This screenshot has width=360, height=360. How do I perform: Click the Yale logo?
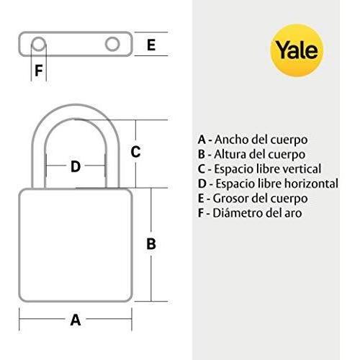tap(297, 50)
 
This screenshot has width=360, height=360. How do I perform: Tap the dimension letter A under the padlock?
tap(76, 320)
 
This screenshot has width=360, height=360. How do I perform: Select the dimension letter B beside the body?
tap(151, 244)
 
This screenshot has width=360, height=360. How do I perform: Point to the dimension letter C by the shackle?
tap(135, 152)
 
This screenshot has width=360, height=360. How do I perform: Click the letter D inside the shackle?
tap(76, 166)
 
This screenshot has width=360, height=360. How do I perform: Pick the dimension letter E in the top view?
tap(151, 45)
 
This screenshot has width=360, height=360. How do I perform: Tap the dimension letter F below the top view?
tap(39, 71)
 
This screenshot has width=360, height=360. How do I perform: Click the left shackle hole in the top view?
tap(38, 44)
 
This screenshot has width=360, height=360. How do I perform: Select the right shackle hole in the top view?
tap(112, 44)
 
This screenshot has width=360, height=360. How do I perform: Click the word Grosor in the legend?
tap(229, 199)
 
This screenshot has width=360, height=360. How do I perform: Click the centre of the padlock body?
tap(76, 246)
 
